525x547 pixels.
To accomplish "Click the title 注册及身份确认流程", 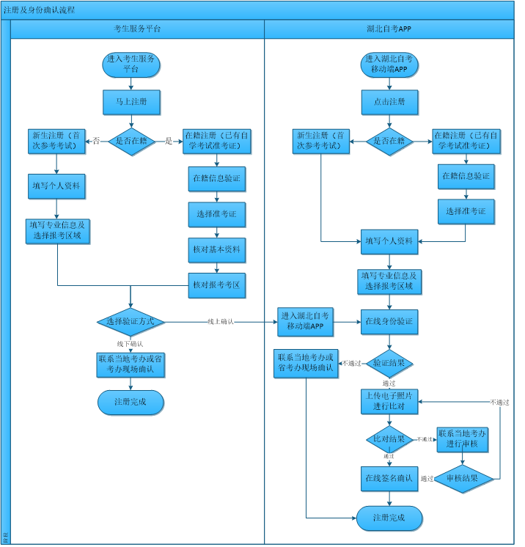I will point(40,10).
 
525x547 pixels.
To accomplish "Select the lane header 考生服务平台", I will point(138,29).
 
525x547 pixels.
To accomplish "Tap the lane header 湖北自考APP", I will point(389,29).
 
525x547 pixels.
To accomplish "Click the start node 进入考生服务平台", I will point(131,65).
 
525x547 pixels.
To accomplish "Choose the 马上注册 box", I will point(131,102).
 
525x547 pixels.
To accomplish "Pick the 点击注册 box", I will point(389,102).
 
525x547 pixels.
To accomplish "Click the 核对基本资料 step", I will point(216,250).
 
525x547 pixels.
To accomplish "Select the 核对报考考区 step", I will point(216,284).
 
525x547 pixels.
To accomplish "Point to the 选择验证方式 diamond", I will point(131,321).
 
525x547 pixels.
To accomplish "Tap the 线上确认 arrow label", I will point(221,322).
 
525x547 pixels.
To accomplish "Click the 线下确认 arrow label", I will point(131,343).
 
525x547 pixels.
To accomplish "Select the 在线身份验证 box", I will point(389,321).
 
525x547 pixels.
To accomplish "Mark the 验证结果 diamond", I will point(389,362).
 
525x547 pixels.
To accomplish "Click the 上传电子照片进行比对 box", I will point(389,401).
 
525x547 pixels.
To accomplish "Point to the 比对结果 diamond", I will point(389,439).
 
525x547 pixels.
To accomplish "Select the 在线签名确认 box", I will point(389,478).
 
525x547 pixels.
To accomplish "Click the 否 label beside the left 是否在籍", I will point(96,141).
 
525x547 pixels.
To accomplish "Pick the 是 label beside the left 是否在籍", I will point(169,141).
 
